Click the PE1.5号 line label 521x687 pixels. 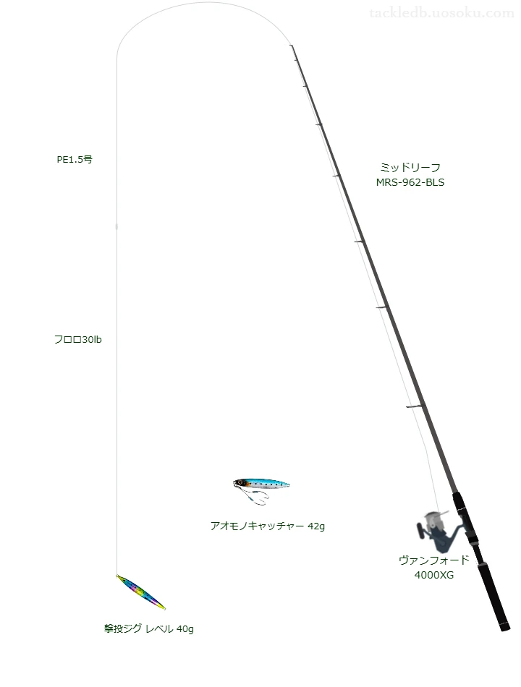point(75,160)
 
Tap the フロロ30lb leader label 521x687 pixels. point(77,340)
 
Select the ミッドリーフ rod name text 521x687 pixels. point(410,167)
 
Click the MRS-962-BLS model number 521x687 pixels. point(410,182)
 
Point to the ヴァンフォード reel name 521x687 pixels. point(433,560)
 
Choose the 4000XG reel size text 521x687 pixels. point(433,575)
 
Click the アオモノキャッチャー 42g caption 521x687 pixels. point(268,526)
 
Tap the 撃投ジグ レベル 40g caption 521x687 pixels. point(148,628)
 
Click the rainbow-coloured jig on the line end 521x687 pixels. point(141,592)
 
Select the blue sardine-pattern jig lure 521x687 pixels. point(261,484)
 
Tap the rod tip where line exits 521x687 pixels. point(291,45)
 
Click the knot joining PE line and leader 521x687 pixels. point(117,226)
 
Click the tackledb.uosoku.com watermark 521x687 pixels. point(441,13)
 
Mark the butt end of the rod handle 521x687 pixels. point(506,628)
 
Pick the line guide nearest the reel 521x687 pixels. point(415,407)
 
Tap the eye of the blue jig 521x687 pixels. point(240,483)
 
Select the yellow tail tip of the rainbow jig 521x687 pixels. point(163,607)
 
